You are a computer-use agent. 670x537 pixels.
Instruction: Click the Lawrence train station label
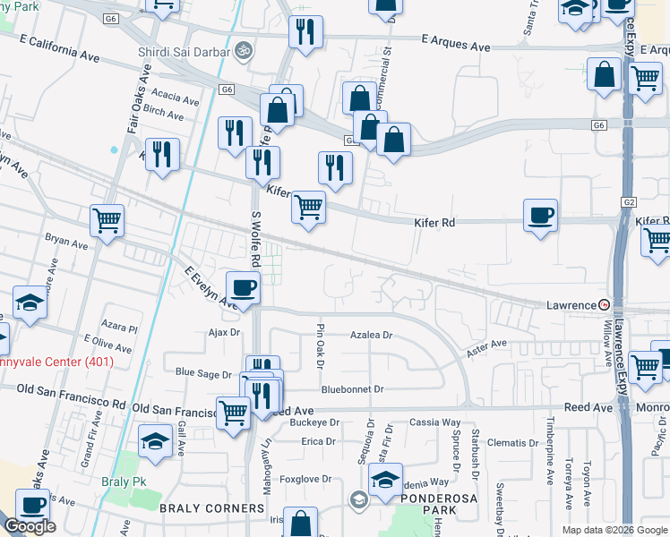(x=571, y=305)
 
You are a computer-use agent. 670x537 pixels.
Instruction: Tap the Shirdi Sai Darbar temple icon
(x=242, y=52)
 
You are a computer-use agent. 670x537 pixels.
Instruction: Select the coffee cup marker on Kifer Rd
(x=540, y=216)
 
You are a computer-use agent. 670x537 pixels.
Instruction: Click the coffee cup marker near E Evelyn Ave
(x=243, y=288)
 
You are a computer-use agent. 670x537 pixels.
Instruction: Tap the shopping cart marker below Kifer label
(x=308, y=207)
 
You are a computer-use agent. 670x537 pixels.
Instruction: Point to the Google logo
(x=30, y=526)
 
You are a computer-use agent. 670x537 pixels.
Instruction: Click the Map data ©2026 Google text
(x=614, y=530)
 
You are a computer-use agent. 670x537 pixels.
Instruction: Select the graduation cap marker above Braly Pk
(x=156, y=442)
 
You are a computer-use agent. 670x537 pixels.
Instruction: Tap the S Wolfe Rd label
(x=254, y=239)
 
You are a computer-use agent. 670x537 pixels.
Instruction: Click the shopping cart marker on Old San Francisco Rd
(x=234, y=413)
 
